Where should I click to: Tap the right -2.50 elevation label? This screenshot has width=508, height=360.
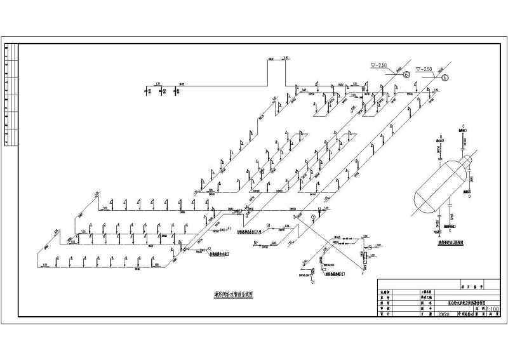coord(424,69)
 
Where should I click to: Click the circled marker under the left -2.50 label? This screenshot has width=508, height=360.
coord(407,74)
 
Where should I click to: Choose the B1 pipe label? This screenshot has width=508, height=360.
coord(269,225)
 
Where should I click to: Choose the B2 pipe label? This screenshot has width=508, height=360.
coord(256,243)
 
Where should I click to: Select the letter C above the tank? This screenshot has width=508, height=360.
coord(464,125)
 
